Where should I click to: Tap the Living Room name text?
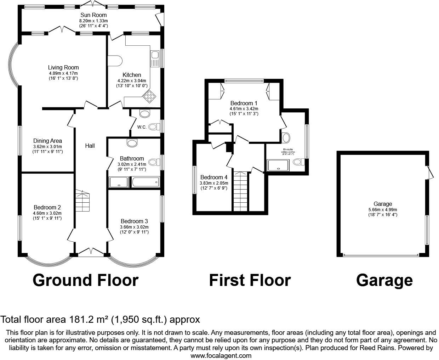point(63,67)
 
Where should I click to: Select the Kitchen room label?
point(132,75)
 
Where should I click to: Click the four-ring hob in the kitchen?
point(149,96)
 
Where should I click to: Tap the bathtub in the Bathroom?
point(145,182)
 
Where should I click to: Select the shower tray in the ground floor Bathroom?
point(119,182)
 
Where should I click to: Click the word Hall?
point(90,146)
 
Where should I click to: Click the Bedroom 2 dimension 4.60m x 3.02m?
point(47,213)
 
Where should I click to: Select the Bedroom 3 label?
point(134,221)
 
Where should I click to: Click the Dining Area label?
point(47,141)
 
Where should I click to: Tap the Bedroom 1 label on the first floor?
point(244,103)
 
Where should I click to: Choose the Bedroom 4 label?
point(214,178)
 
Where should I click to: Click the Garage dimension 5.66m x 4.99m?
point(383,209)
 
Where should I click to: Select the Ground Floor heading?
point(85,280)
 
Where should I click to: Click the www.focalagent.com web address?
point(221,355)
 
